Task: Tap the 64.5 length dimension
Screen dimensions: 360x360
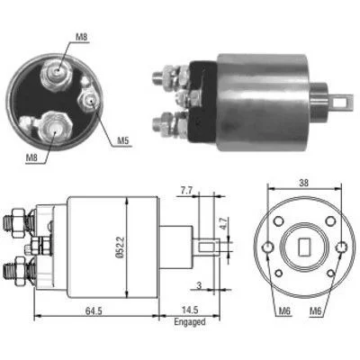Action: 94,310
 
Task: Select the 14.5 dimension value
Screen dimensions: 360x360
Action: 190,310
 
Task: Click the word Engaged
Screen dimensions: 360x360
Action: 190,322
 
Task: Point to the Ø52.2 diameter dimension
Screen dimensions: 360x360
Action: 120,247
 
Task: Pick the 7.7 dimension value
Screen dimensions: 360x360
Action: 186,191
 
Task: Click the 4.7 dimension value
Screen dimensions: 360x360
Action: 222,223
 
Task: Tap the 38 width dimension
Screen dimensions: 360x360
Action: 304,183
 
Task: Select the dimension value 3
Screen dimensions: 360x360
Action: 199,285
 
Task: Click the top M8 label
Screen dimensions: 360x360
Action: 81,37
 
